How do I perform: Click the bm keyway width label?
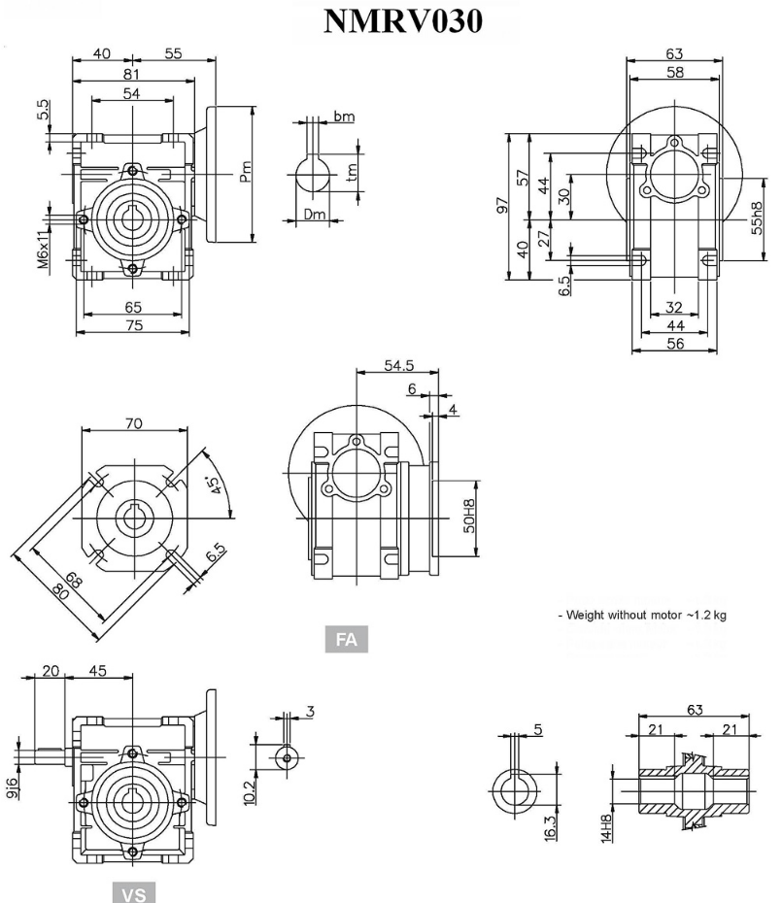pyautogui.click(x=343, y=117)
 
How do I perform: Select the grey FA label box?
pyautogui.click(x=346, y=640)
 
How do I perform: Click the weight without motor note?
pyautogui.click(x=645, y=616)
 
